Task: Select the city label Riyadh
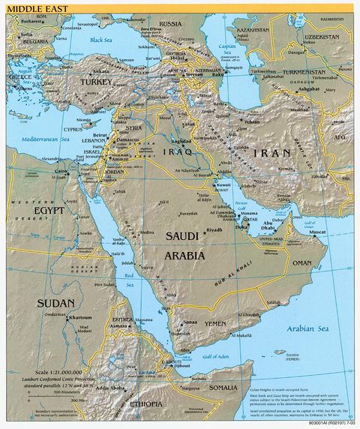(x=215, y=229)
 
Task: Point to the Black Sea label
(x=100, y=40)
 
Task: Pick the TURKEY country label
(x=97, y=80)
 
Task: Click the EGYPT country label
(x=48, y=211)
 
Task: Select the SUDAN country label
(x=55, y=303)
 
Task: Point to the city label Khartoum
(x=79, y=317)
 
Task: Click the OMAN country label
(x=302, y=263)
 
